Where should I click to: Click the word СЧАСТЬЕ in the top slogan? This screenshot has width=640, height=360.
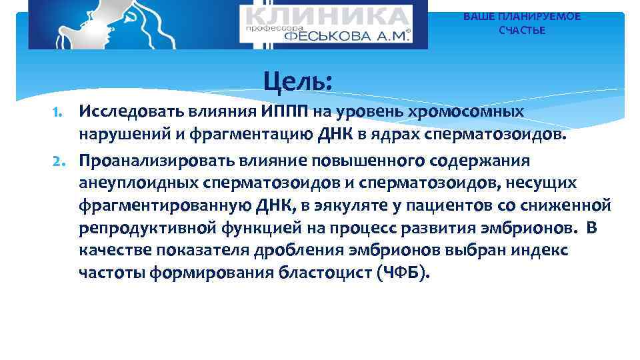click(522, 31)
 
